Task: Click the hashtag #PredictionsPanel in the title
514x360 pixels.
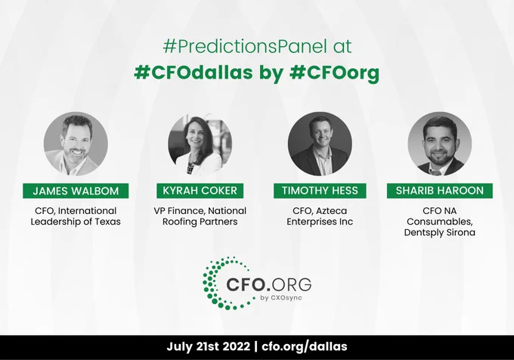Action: [245, 47]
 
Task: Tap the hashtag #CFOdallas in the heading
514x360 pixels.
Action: [194, 72]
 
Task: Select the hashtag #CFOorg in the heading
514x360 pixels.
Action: [334, 73]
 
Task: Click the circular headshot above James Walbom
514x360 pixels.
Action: [76, 144]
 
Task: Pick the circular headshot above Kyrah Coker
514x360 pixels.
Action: [200, 144]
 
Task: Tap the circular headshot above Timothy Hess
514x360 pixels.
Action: [320, 144]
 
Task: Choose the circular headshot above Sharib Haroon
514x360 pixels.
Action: [440, 144]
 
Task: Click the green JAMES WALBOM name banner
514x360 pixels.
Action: [76, 191]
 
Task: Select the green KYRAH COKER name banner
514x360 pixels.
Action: [200, 191]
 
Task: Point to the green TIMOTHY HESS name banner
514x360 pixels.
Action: [320, 191]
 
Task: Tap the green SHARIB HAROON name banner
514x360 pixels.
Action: [440, 191]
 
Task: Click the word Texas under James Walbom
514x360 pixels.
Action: [108, 222]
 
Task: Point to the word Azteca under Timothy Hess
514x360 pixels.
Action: [331, 211]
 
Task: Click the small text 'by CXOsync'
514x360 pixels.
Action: [281, 298]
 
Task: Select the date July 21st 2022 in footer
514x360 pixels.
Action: [208, 346]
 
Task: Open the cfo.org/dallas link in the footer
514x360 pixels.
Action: [305, 347]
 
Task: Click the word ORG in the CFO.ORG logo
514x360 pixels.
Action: [292, 284]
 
